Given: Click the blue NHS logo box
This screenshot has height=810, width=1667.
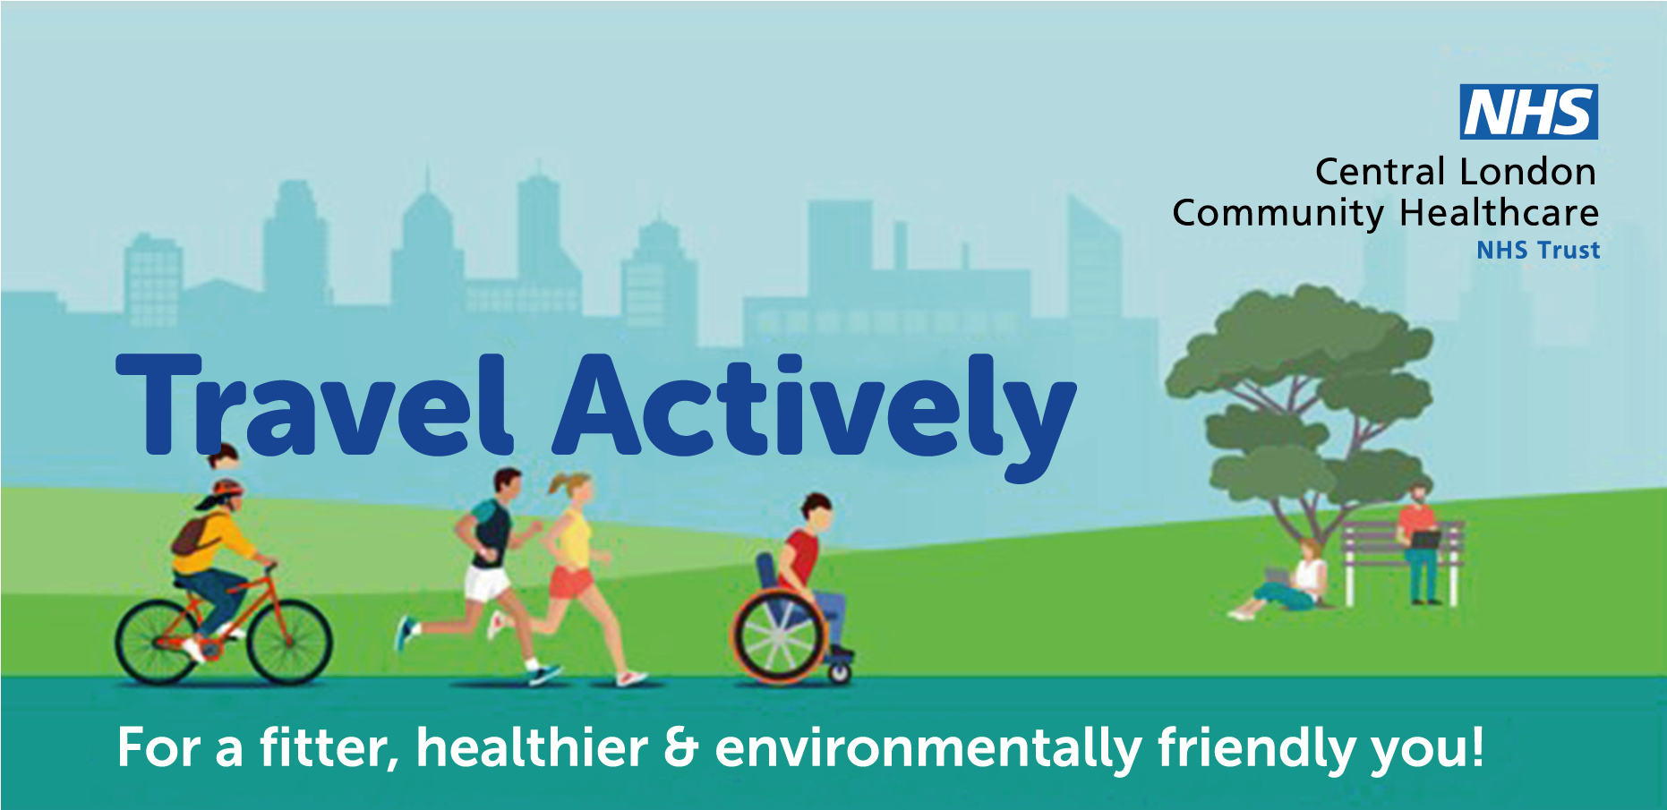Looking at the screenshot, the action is [1528, 112].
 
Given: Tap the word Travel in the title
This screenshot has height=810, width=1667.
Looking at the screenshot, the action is [314, 405].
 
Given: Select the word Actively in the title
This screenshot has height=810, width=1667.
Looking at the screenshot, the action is [815, 412].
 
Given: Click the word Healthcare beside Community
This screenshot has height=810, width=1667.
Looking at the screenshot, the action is [1499, 213].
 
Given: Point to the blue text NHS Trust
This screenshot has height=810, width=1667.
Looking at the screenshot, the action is [1538, 250].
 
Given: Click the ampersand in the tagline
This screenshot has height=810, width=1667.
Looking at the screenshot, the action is [681, 747].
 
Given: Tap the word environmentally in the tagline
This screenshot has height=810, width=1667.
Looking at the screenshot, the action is [928, 748].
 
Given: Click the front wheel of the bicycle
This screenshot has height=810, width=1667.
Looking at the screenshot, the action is [289, 641].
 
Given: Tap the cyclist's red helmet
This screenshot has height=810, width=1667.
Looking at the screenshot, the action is [226, 490].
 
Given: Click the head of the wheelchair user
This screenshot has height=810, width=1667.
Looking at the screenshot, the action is [816, 513].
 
